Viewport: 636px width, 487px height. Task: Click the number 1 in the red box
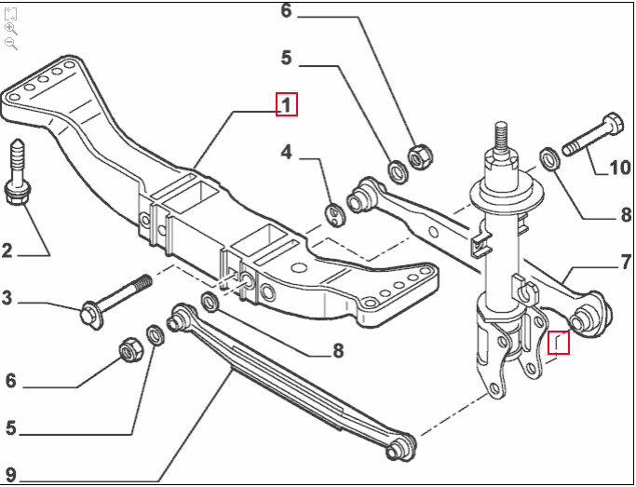point(286,105)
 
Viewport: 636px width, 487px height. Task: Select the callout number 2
point(7,250)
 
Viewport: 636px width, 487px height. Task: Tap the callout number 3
point(7,299)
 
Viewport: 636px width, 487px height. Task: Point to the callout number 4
point(287,152)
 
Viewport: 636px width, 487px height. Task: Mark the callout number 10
point(619,169)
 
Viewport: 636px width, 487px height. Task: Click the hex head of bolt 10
point(613,123)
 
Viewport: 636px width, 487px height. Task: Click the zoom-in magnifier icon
point(11,29)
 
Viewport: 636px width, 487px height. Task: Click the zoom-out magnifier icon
point(11,44)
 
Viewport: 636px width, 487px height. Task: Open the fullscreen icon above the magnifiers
point(11,13)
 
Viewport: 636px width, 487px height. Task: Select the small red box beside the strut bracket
point(558,343)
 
